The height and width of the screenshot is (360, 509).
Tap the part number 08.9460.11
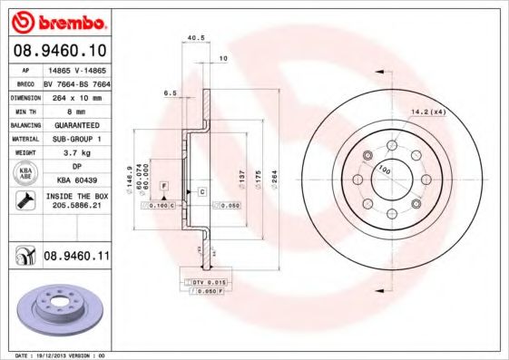[x=77, y=258]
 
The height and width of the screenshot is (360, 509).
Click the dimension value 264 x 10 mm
[x=77, y=95]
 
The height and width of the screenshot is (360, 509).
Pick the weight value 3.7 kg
[x=77, y=153]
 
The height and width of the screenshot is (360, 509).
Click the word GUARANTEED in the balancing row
[x=77, y=124]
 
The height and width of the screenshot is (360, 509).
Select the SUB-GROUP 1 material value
[x=77, y=139]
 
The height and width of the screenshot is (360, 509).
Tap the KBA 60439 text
[x=77, y=180]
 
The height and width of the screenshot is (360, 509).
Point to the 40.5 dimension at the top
[x=192, y=37]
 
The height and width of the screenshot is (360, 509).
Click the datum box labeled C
[x=201, y=192]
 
